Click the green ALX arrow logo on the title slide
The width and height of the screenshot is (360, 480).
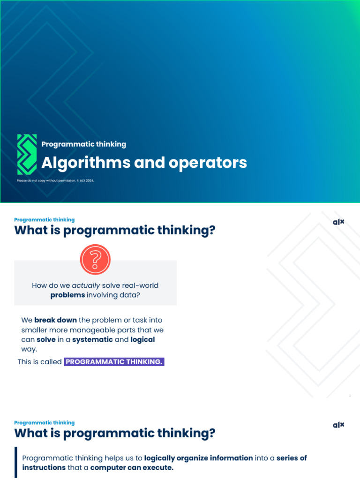[x=27, y=154]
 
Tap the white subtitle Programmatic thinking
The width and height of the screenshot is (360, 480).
[x=83, y=144]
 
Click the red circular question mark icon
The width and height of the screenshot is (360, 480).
[x=95, y=259]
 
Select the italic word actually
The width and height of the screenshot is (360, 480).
[x=86, y=285]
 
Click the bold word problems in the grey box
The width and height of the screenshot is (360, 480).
[x=67, y=295]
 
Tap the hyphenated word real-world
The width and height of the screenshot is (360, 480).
[x=140, y=285]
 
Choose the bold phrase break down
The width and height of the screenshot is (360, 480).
[x=55, y=320]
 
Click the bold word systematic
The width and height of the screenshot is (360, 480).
[x=92, y=339]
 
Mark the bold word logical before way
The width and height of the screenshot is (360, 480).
[x=142, y=339]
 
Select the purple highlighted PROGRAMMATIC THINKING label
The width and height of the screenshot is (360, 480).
[x=114, y=362]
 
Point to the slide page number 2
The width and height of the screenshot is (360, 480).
[x=350, y=397]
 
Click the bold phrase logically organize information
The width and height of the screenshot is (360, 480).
[x=198, y=458]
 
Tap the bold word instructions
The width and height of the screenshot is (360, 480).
[x=44, y=467]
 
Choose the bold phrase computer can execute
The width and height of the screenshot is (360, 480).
[x=132, y=467]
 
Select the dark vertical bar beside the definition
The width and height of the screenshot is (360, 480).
[x=16, y=462]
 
